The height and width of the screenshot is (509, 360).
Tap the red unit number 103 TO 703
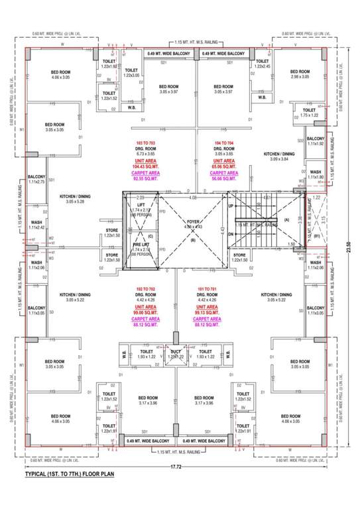(139, 143)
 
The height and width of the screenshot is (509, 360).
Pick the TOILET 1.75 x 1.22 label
(309, 113)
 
